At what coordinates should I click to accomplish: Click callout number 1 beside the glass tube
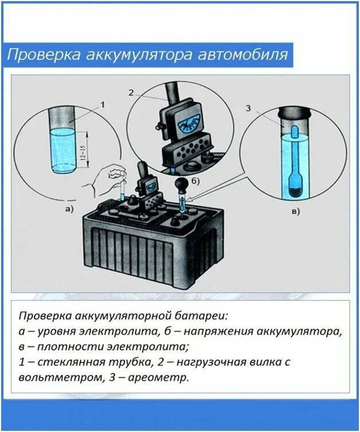pyautogui.click(x=103, y=104)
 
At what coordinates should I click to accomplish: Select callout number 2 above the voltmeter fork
pyautogui.click(x=131, y=93)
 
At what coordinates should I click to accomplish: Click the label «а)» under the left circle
pyautogui.click(x=69, y=209)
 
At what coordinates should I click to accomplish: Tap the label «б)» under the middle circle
pyautogui.click(x=196, y=182)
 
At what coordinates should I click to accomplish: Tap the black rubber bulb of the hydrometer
pyautogui.click(x=182, y=187)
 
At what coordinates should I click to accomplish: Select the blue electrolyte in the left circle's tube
pyautogui.click(x=64, y=150)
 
